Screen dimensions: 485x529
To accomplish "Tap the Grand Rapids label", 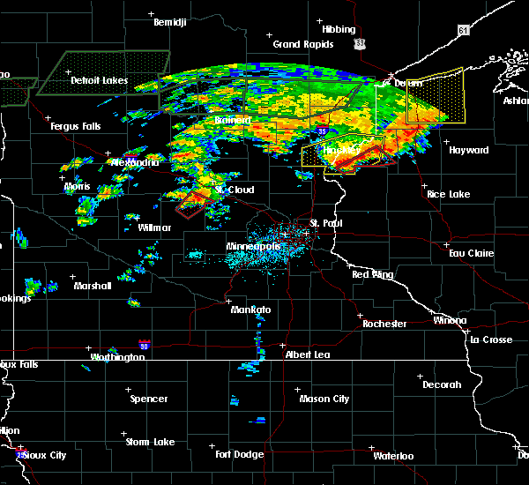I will [302, 44].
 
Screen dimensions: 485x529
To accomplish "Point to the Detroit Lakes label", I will [99, 81].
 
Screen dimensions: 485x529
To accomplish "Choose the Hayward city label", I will [468, 151].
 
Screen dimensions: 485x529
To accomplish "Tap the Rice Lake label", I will [448, 194].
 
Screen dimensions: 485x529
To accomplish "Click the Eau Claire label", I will [470, 253].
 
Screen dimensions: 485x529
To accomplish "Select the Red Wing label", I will [372, 275].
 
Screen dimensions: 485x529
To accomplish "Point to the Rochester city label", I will [384, 324].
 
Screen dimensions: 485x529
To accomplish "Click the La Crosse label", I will [491, 339].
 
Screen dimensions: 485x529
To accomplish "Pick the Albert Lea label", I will [309, 354].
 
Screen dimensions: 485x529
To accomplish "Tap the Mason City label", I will [324, 399].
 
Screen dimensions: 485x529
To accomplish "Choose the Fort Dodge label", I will [239, 454].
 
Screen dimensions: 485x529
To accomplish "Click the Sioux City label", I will [44, 455].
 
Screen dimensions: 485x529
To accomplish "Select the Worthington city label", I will [116, 357].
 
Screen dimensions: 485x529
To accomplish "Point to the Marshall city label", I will [93, 286].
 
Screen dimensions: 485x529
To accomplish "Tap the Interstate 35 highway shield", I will [324, 131].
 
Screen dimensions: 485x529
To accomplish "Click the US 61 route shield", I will [464, 30].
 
